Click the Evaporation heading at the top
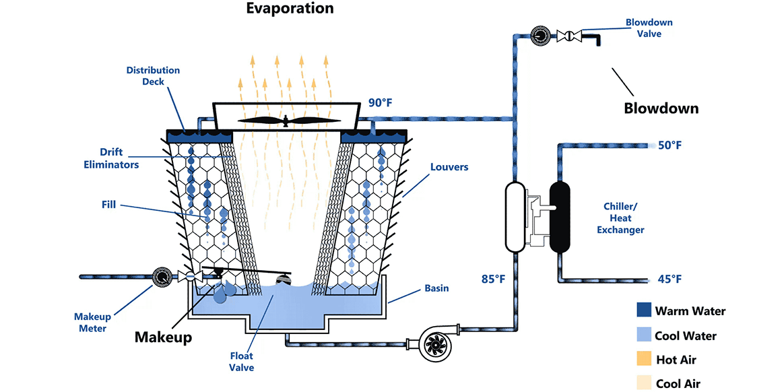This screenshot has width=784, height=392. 290,9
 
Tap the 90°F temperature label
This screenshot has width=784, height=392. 380,104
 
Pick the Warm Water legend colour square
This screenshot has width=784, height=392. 644,311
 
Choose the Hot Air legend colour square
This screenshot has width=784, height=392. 644,360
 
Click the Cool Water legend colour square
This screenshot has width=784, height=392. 644,335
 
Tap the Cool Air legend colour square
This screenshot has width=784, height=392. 644,383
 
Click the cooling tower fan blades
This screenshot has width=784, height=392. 286,121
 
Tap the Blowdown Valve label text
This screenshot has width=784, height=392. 649,28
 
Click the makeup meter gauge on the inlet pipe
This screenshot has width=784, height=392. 161,276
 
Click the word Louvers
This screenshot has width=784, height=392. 448,166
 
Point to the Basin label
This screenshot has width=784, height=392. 436,288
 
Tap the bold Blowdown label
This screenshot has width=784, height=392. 661,108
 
